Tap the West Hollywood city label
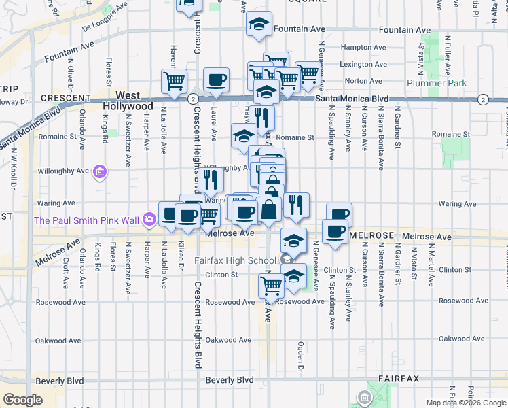coord(128,101)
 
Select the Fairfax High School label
coord(235,260)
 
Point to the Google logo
coord(23,399)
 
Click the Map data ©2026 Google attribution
coord(466,403)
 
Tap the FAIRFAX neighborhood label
coord(398,378)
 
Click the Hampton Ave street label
coord(357,48)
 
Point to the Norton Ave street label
coord(357,80)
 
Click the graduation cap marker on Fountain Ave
coord(258,24)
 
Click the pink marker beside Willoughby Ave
coord(100,171)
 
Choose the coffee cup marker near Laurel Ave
coord(216,80)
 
